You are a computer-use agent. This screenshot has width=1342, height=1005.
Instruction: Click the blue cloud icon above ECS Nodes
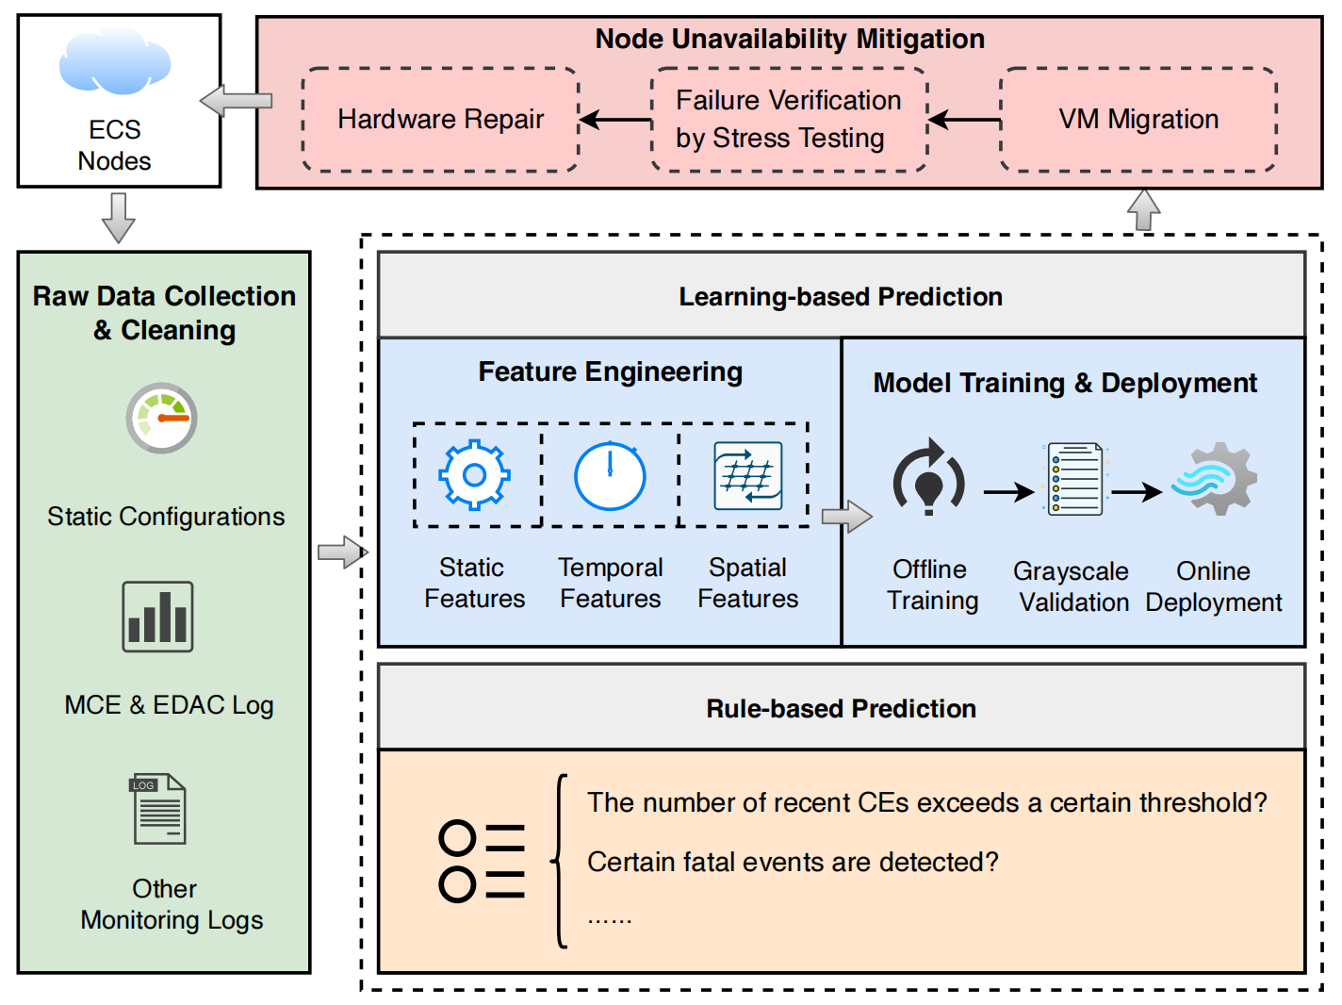115,62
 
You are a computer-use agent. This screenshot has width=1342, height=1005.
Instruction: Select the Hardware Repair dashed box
440,120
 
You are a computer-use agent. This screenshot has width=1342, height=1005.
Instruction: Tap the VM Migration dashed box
1137,120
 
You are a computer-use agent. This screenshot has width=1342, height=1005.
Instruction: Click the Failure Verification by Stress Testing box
789,120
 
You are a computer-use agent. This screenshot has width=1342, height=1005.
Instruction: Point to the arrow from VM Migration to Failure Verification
964,120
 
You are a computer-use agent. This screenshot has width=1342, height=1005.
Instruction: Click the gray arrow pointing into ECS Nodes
237,101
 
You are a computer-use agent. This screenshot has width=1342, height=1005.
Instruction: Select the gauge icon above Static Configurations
162,419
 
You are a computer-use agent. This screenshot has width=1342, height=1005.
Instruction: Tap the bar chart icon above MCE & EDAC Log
157,617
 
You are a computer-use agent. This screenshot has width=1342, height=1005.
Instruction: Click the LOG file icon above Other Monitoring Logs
158,809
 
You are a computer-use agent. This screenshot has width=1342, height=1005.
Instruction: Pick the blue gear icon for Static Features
475,475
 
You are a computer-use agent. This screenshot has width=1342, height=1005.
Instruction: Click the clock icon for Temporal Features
610,476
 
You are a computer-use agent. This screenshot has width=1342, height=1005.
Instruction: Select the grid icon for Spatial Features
748,476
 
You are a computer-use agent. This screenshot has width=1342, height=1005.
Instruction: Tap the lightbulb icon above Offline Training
929,478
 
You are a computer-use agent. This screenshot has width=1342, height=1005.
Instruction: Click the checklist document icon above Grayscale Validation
1075,480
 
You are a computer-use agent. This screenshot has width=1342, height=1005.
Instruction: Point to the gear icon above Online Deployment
1215,479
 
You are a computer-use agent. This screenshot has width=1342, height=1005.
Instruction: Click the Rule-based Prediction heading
841,709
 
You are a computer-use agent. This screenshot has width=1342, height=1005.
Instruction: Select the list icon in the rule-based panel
482,861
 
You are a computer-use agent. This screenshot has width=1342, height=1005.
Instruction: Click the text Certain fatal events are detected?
793,862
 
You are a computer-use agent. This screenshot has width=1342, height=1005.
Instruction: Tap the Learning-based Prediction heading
841,297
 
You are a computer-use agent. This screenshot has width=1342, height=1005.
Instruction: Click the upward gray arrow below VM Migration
1143,209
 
